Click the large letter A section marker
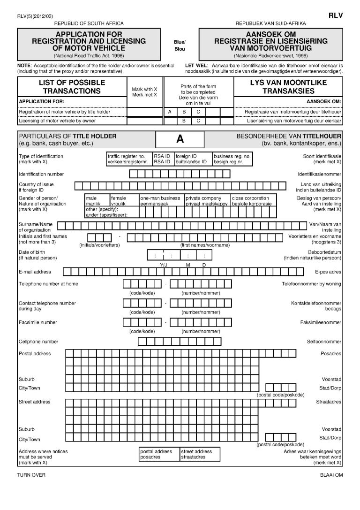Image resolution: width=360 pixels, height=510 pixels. pos(180,139)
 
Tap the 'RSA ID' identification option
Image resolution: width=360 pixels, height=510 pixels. pos(162,159)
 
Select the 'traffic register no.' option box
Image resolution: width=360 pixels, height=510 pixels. pos(129,159)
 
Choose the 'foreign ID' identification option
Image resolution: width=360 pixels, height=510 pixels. pos(192,159)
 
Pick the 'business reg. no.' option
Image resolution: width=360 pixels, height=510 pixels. pos(232,159)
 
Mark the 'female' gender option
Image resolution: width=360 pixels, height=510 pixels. pos(124,201)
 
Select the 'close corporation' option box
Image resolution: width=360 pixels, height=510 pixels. pos(254,201)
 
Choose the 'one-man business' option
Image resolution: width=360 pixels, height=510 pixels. pos(161,201)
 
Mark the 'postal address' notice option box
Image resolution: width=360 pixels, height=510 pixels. pos(159,454)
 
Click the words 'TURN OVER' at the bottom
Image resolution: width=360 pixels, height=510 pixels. pos(31,475)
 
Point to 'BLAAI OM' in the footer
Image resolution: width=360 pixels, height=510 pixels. pos(331,475)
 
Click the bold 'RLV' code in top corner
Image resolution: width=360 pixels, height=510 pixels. pos(336,15)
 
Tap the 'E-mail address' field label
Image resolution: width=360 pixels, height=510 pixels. pos(35,272)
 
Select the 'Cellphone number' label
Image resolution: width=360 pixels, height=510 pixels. pos(38,342)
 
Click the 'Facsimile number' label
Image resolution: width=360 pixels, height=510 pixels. pos(37,323)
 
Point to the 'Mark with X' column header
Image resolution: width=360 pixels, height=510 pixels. pos(145,91)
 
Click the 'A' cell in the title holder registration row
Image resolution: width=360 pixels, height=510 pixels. pos(170,112)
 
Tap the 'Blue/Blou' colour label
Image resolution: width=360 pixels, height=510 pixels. pos(180,45)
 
